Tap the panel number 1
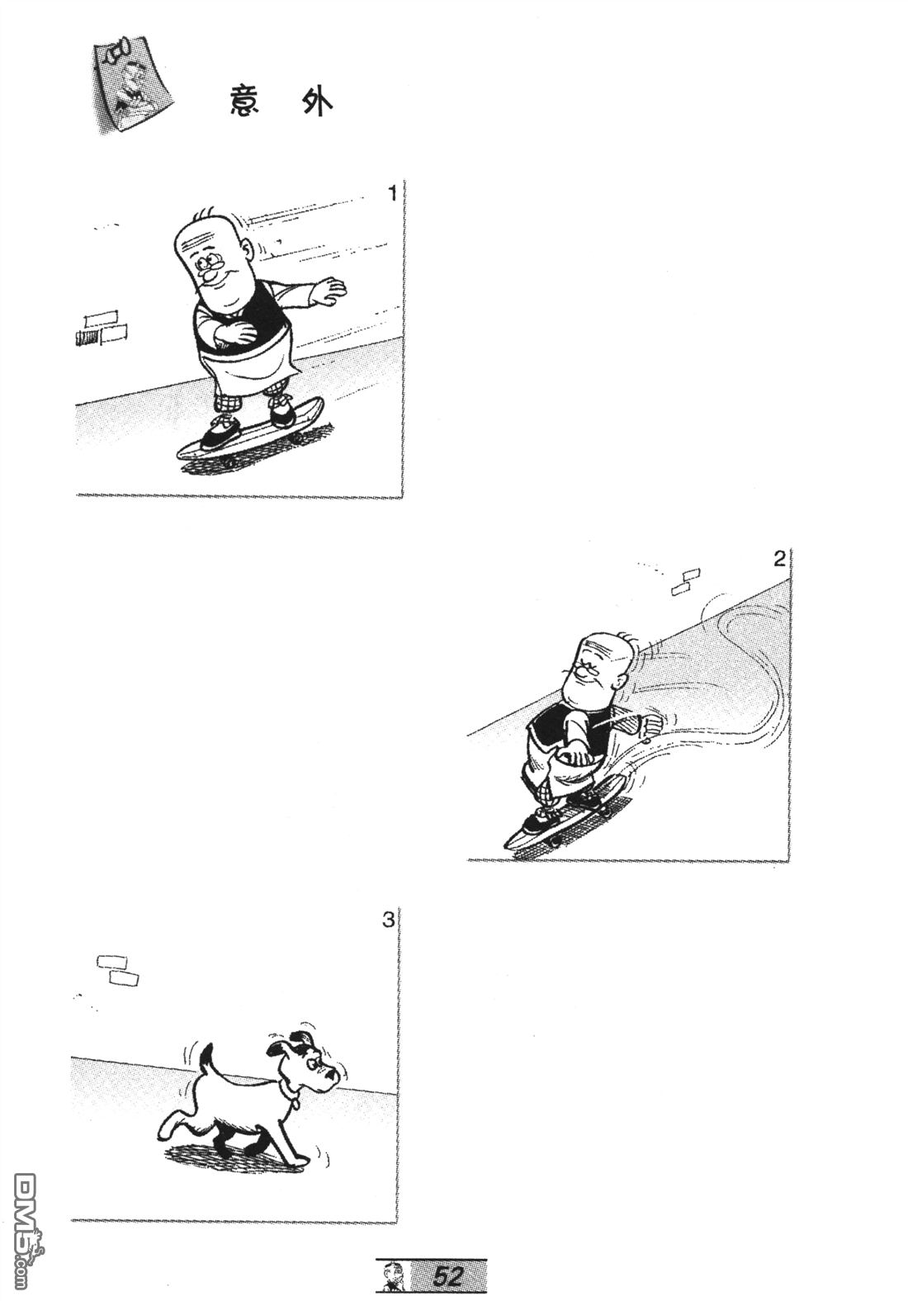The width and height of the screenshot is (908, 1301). [x=392, y=193]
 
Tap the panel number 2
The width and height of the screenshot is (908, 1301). [x=779, y=559]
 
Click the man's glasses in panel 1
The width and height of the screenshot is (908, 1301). [x=212, y=263]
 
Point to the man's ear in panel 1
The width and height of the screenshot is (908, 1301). [x=250, y=253]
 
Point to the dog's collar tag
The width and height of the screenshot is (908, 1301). [x=296, y=1100]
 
